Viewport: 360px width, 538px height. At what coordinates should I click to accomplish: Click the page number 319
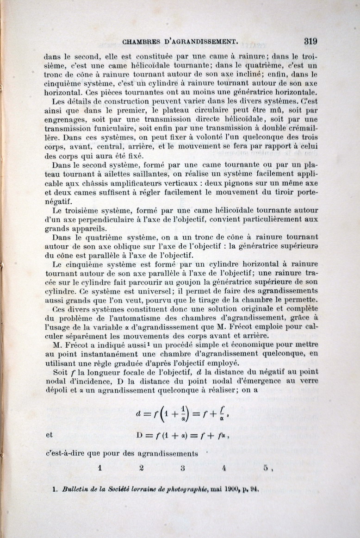click(310, 41)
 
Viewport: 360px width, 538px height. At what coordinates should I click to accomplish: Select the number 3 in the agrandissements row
click(183, 468)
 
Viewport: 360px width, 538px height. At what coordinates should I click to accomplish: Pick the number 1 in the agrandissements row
click(99, 468)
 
